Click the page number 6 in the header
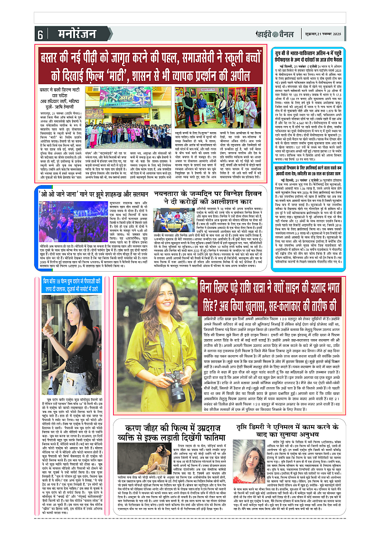40,35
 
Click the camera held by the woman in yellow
175,378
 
